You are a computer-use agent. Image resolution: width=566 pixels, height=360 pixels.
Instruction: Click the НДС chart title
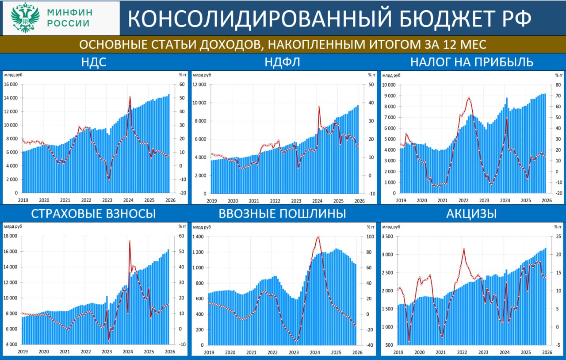[93, 62]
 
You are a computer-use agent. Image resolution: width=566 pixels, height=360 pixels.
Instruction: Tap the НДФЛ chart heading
[282, 62]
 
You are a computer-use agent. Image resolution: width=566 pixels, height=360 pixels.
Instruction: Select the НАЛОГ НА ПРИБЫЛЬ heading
[471, 62]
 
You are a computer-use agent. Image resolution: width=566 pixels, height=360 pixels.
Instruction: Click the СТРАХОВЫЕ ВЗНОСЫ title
[93, 214]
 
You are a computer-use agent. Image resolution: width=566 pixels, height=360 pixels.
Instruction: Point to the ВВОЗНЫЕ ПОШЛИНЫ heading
[282, 214]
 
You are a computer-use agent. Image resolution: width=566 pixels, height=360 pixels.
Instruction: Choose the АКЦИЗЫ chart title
[471, 214]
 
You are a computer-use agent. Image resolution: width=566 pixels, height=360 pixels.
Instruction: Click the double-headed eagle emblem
[25, 18]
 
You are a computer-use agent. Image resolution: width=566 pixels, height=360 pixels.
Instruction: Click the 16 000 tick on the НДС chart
[11, 84]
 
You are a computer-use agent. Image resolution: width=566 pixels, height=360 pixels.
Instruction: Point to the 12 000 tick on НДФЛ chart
[199, 84]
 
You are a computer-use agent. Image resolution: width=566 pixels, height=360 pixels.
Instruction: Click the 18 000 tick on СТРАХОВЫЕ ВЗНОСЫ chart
[11, 236]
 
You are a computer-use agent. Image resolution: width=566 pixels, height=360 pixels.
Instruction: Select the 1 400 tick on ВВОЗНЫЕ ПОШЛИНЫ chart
[199, 237]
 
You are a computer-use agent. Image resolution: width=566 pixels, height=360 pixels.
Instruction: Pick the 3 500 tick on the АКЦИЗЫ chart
[388, 237]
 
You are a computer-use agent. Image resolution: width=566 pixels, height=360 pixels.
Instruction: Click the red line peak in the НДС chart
[130, 97]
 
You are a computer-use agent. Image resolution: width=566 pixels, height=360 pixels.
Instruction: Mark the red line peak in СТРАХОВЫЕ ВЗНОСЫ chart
[130, 241]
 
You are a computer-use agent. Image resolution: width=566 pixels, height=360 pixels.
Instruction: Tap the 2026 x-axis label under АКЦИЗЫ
[547, 352]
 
